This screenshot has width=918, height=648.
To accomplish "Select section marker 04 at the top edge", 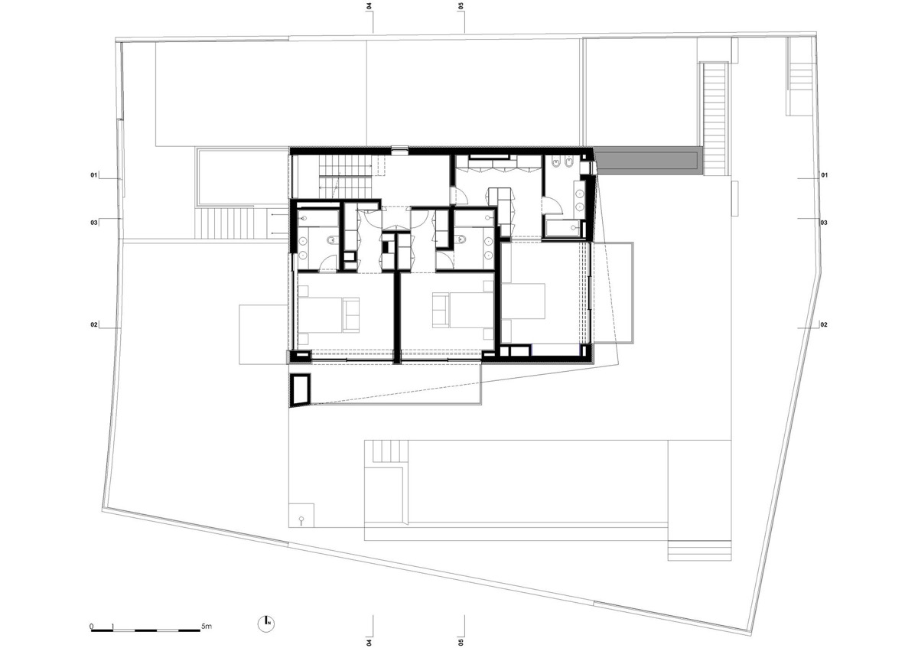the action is click(369, 6).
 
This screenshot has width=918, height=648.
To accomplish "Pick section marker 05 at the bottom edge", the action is click(461, 642).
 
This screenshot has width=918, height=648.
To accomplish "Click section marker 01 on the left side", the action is click(94, 175).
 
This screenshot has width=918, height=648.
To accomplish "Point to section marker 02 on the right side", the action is click(824, 324).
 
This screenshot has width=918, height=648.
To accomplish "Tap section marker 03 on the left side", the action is click(94, 223).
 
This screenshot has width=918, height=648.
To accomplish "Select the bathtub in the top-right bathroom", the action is click(563, 229).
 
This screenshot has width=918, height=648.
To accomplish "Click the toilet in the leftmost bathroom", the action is click(331, 240).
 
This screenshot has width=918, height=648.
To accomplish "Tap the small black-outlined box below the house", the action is click(300, 390).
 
